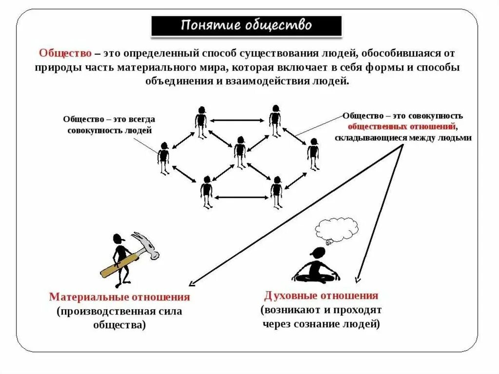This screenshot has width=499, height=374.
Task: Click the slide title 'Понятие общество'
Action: click(x=246, y=25)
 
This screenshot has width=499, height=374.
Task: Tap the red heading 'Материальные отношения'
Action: click(x=119, y=297)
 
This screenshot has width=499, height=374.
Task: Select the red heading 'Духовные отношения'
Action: click(x=321, y=295)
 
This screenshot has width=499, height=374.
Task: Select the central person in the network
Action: click(x=239, y=152)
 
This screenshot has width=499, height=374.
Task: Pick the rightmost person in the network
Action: click(x=313, y=154)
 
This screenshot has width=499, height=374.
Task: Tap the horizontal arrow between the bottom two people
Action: click(x=242, y=197)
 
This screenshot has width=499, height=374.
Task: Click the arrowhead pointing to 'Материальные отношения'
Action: click(x=192, y=284)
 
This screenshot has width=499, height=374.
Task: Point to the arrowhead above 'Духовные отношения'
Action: click(x=358, y=279)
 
